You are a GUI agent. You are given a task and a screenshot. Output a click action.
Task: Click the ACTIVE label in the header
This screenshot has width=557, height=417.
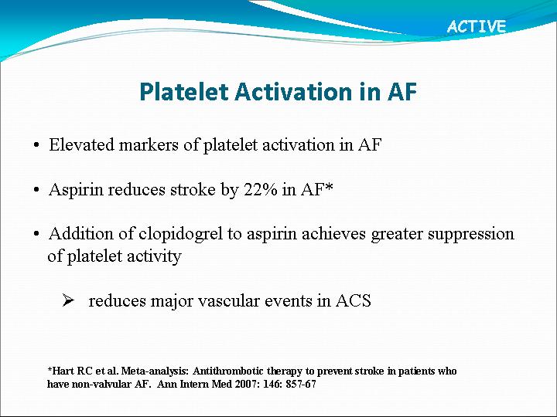pos(477,26)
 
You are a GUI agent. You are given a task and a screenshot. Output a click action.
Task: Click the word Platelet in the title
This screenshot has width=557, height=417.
pos(183,91)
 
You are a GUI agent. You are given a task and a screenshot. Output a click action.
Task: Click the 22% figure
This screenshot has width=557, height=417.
pos(261,189)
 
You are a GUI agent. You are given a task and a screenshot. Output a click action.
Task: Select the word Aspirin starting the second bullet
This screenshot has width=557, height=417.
pos(76,190)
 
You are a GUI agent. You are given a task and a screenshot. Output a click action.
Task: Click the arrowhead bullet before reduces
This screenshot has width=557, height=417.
pos(68,300)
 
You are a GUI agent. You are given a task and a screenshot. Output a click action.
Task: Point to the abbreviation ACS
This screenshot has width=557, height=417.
pos(354,300)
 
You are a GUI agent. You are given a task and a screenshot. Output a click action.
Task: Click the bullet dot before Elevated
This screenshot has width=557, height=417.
pos(36,145)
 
